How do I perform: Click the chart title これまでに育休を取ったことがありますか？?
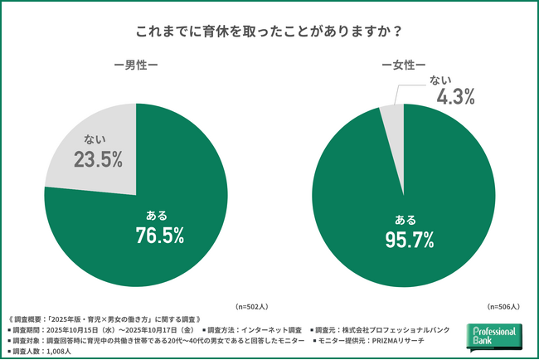(269, 32)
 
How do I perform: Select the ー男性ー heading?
(135, 65)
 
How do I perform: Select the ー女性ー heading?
(404, 65)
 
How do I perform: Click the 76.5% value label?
(159, 236)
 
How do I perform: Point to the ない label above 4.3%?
(440, 79)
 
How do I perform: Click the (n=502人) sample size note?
(254, 306)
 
